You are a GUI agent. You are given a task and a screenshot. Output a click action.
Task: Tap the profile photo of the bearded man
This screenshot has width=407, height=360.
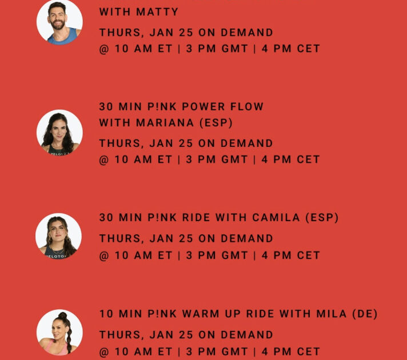59,22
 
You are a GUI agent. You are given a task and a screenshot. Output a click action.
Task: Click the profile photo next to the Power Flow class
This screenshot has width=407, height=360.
59,133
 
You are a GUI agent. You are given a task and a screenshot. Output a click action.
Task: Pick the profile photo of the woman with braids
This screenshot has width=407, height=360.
59,332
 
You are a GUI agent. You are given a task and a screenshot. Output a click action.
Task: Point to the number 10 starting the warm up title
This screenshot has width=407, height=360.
106,314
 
